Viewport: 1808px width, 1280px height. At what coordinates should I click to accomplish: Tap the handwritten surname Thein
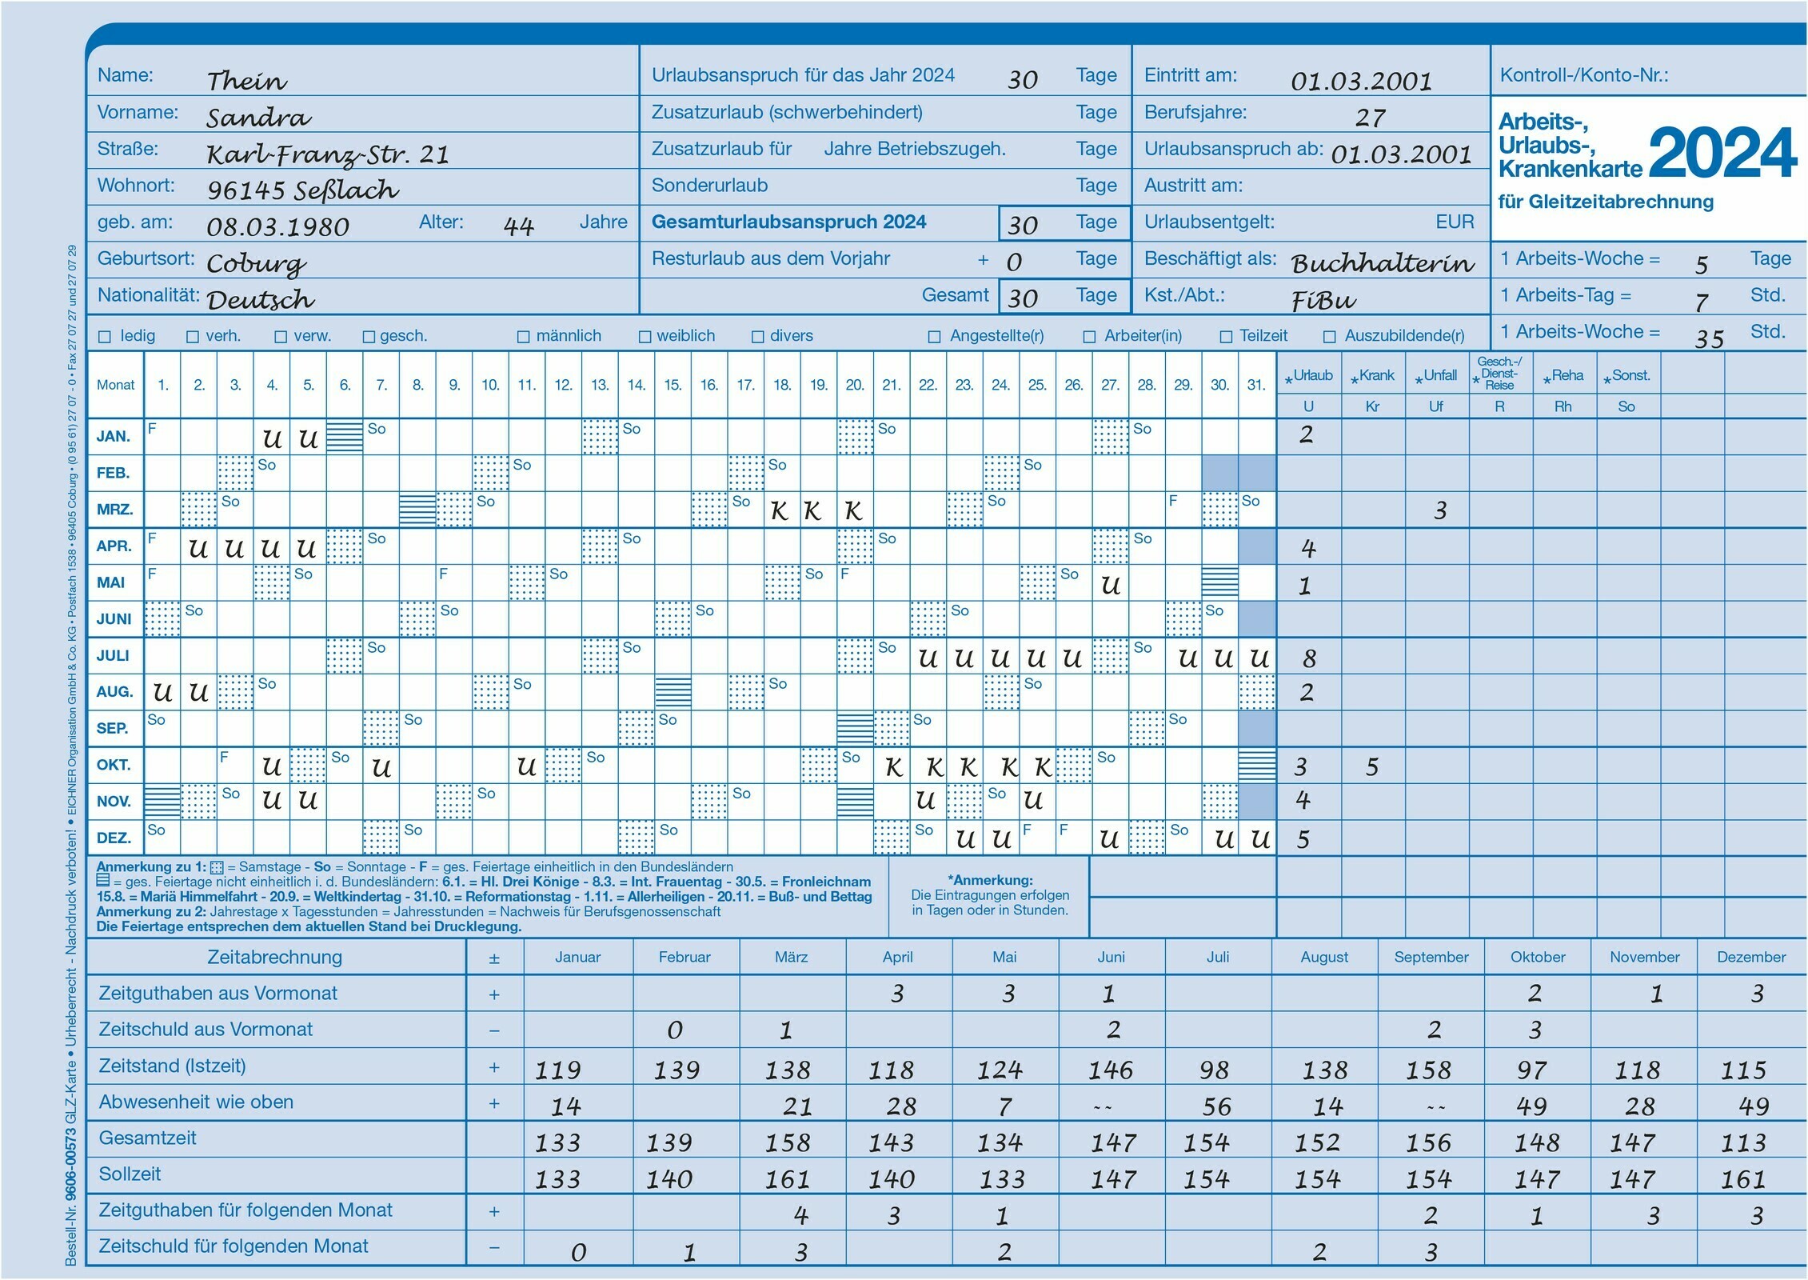[x=246, y=81]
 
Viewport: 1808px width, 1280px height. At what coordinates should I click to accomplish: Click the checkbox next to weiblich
[x=645, y=337]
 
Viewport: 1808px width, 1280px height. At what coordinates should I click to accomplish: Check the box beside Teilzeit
[x=1226, y=337]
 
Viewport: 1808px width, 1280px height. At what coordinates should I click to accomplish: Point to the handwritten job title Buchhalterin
[x=1383, y=263]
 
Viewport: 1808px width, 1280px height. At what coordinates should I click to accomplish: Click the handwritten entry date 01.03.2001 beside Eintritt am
[x=1361, y=81]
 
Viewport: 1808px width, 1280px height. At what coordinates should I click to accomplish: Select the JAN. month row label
[x=114, y=437]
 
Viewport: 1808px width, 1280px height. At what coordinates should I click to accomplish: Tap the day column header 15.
[x=673, y=385]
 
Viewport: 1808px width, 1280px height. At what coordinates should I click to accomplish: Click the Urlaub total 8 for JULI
[x=1309, y=658]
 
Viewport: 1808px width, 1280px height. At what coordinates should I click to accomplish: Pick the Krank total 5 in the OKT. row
[x=1372, y=767]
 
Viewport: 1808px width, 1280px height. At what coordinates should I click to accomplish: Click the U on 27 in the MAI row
[x=1110, y=586]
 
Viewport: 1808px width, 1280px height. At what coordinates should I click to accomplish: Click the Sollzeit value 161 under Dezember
[x=1743, y=1179]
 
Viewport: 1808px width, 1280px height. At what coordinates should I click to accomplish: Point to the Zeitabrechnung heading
[x=274, y=957]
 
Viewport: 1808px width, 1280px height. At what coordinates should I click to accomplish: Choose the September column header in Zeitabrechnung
[x=1431, y=958]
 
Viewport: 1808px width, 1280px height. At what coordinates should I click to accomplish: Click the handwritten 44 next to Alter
[x=518, y=226]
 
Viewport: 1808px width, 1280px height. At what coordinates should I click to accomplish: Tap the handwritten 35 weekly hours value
[x=1709, y=339]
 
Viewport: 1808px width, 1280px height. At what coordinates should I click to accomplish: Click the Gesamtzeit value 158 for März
[x=788, y=1142]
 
